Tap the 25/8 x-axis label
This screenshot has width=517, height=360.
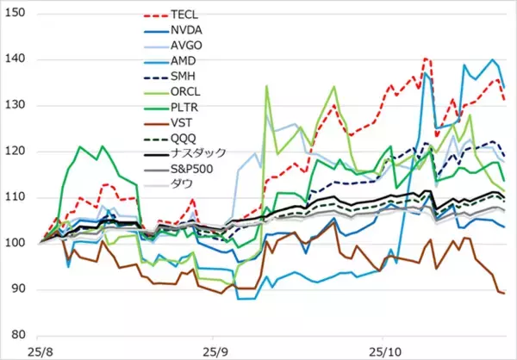40,351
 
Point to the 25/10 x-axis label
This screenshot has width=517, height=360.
383,351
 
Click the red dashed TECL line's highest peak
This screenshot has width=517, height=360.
426,59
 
